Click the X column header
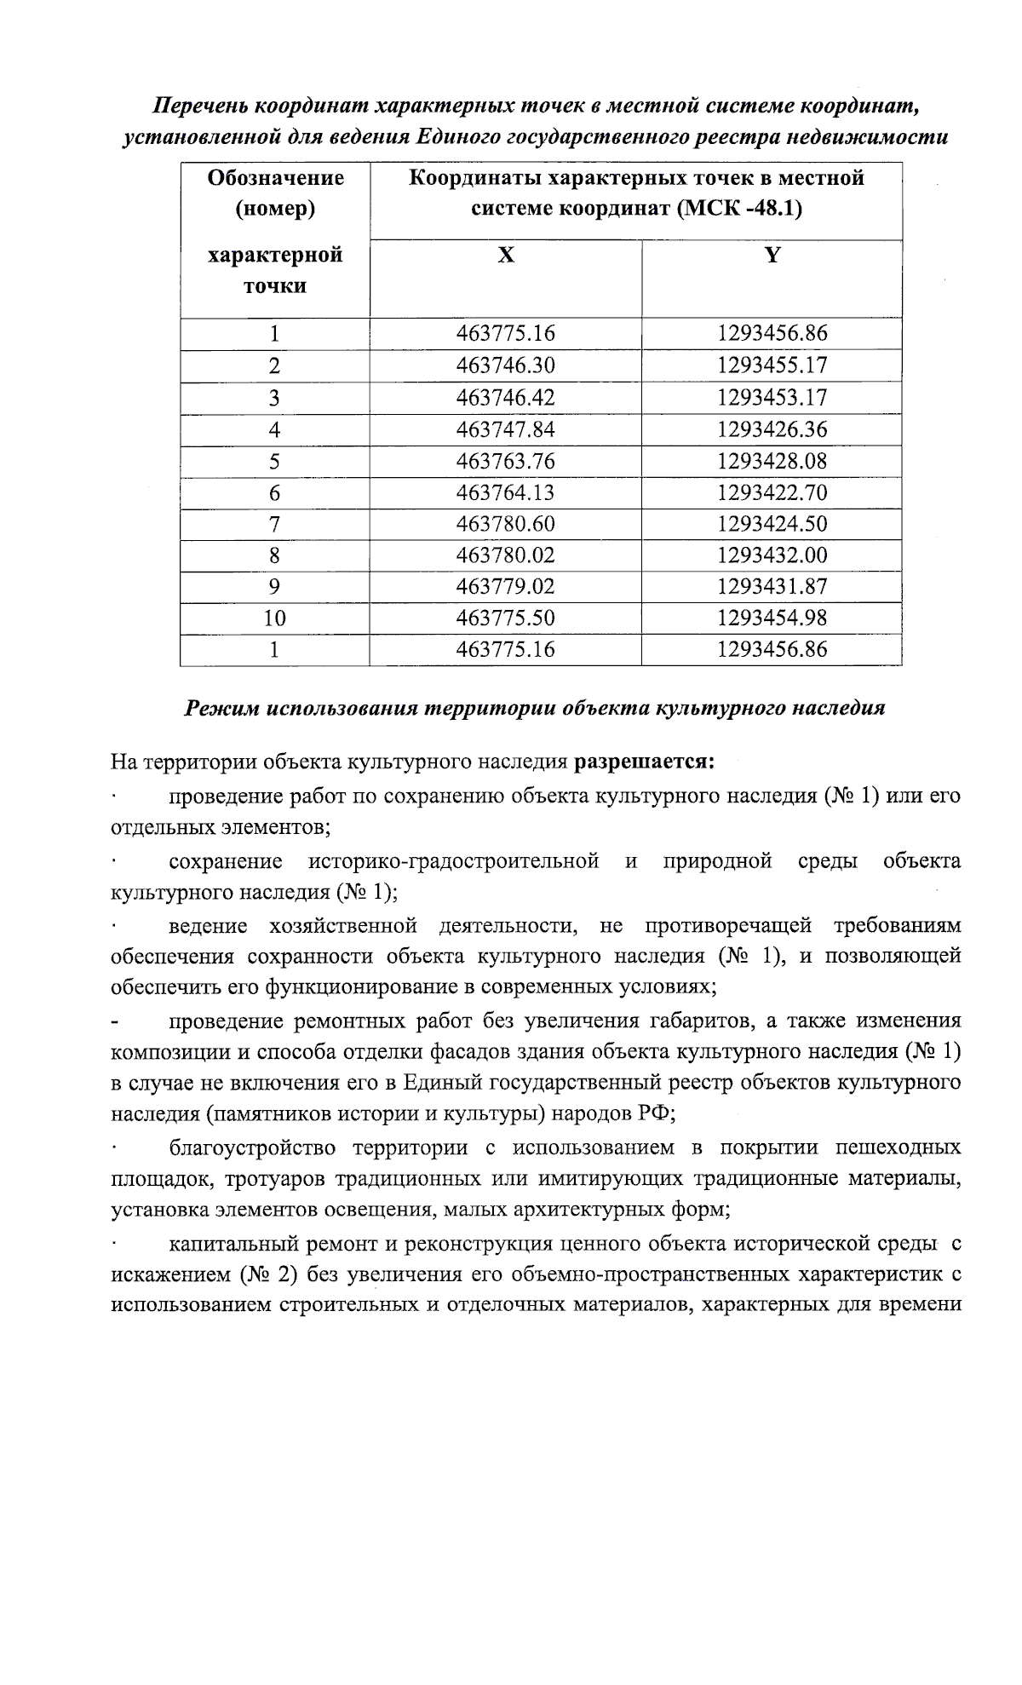click(506, 256)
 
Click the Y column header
click(772, 256)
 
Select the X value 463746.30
click(505, 365)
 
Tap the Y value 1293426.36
click(772, 429)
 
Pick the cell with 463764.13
click(505, 493)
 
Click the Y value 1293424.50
click(772, 524)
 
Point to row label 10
click(274, 618)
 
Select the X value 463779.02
click(505, 587)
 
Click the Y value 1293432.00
click(772, 555)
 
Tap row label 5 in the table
click(274, 462)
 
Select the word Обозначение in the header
click(275, 178)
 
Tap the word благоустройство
click(253, 1147)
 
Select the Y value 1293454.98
click(772, 618)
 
